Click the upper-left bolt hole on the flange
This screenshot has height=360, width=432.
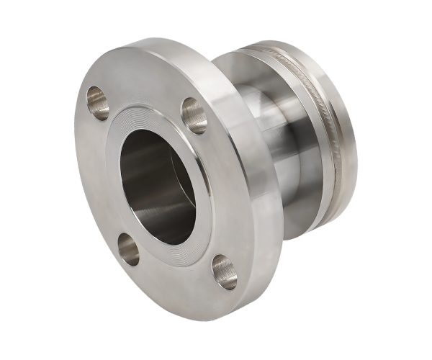pos(98,102)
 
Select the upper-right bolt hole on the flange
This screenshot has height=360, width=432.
pos(194,114)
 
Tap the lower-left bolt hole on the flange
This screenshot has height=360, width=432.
pos(129,248)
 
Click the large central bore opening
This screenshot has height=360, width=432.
pos(160,186)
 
